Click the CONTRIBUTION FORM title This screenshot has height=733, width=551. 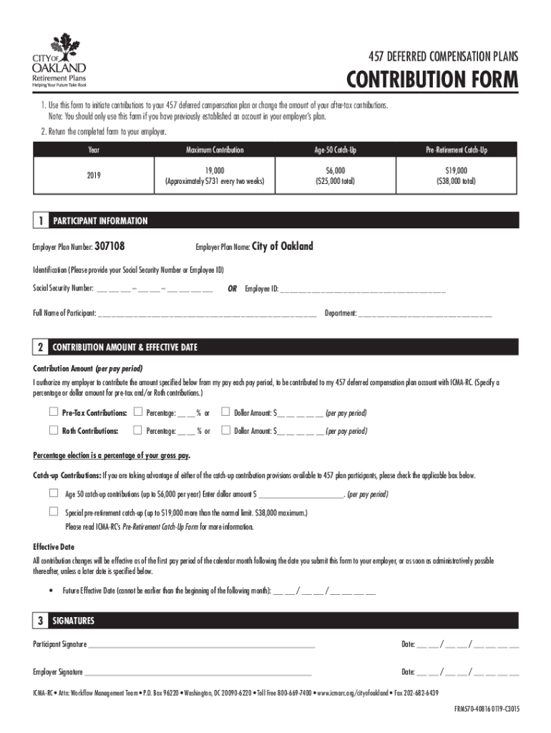pos(431,79)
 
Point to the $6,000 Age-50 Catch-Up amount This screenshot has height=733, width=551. pos(333,171)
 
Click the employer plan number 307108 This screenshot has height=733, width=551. pos(110,246)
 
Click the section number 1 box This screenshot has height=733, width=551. pos(41,221)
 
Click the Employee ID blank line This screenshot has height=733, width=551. pos(362,290)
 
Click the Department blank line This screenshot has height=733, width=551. pos(424,314)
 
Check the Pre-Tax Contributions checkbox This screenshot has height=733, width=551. pos(53,412)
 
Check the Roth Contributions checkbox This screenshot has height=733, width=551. pos(53,430)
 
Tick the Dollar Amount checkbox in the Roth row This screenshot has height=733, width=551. pos(225,430)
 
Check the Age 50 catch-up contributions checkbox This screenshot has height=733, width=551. pos(53,493)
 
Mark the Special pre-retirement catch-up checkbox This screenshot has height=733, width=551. pos(53,512)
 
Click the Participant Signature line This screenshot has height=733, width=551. pos(200,645)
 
